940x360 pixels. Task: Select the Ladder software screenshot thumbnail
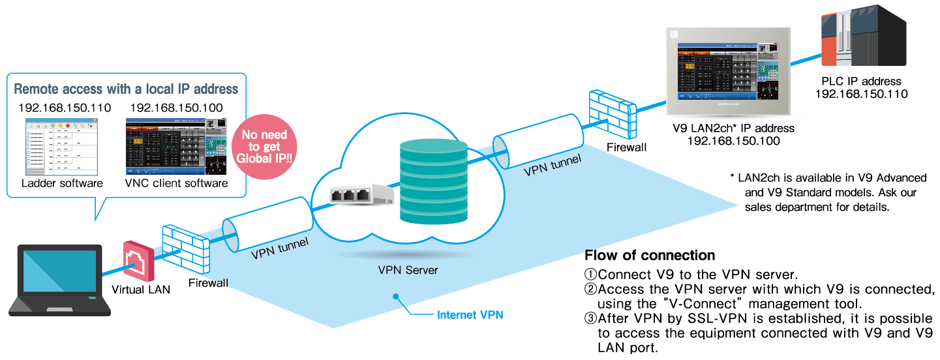(62, 147)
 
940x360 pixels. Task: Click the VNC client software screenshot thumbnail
(176, 145)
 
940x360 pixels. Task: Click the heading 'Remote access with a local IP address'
(126, 89)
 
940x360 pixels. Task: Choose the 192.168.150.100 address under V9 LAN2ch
(733, 141)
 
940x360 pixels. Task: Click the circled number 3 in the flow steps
(590, 318)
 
